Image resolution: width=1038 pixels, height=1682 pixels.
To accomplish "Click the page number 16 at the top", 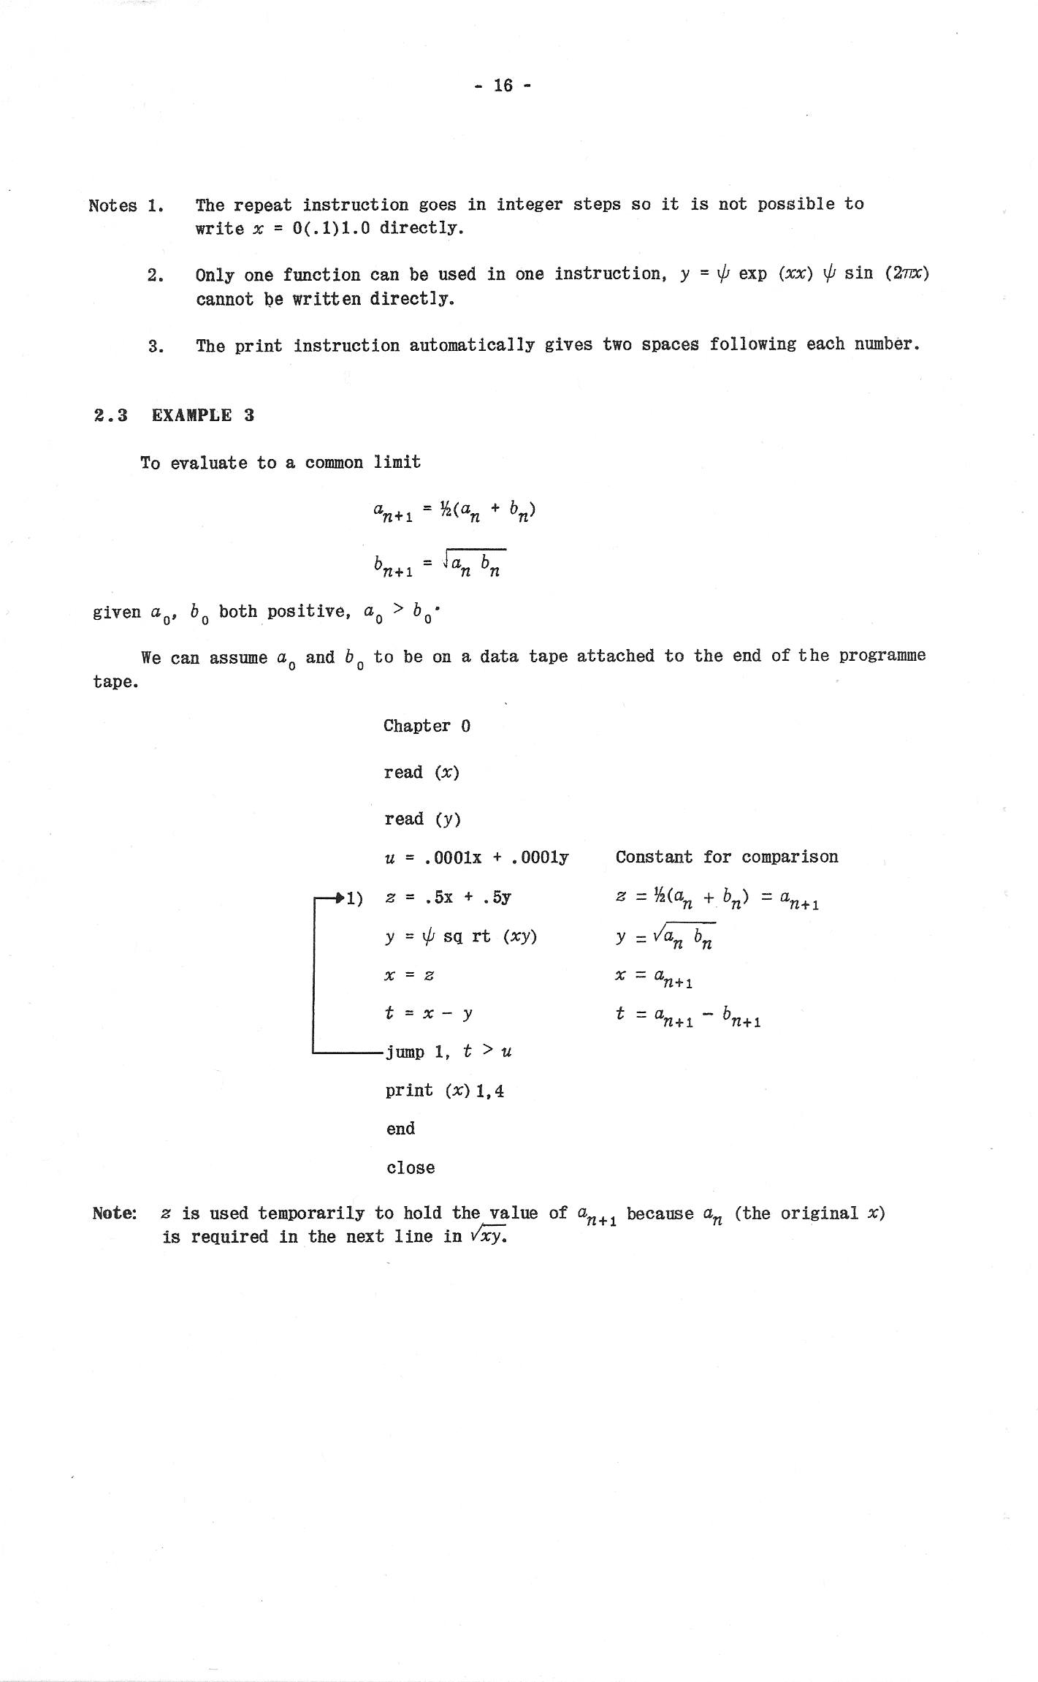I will click(503, 86).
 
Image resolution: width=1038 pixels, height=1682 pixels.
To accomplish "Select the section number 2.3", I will click(110, 416).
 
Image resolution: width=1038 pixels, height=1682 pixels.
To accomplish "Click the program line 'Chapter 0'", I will click(427, 726).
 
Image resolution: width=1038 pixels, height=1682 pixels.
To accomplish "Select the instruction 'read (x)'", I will click(421, 773).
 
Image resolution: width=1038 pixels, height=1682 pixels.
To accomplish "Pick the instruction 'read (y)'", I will click(422, 819).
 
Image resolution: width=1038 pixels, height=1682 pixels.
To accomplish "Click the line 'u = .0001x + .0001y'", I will click(476, 857).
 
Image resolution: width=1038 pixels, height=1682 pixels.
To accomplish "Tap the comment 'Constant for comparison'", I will click(726, 857).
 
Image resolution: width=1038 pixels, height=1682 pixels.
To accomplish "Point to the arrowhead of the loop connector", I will click(338, 897).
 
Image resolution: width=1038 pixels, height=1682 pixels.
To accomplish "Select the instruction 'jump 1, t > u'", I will click(448, 1052).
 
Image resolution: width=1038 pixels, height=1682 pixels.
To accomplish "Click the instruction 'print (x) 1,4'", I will click(445, 1091).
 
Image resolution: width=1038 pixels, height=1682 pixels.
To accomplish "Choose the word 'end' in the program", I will click(400, 1129).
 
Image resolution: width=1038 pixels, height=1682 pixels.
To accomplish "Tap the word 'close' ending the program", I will click(411, 1167).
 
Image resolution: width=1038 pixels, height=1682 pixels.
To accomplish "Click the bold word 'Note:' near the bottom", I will click(115, 1213).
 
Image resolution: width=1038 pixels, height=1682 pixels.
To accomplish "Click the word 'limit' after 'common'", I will click(397, 462).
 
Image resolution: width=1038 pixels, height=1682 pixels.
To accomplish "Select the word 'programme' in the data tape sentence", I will click(882, 655).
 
